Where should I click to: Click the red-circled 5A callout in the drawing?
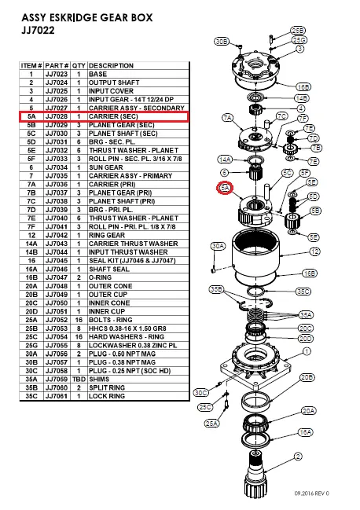tap(225, 189)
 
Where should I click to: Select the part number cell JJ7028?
tap(57, 116)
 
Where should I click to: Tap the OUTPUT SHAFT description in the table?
tap(116, 81)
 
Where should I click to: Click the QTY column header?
tap(80, 65)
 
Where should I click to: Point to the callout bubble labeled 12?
tap(314, 251)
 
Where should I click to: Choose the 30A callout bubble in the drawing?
tap(218, 246)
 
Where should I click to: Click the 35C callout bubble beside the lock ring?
tap(303, 292)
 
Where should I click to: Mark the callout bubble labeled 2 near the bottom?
tap(298, 456)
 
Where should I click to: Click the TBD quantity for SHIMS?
tap(80, 380)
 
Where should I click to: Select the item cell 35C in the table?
tap(31, 396)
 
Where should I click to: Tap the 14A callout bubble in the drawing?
tap(225, 159)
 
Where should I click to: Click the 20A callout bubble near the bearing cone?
tap(308, 410)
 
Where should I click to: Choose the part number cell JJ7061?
tap(57, 396)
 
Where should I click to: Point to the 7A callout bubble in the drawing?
tap(229, 119)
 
